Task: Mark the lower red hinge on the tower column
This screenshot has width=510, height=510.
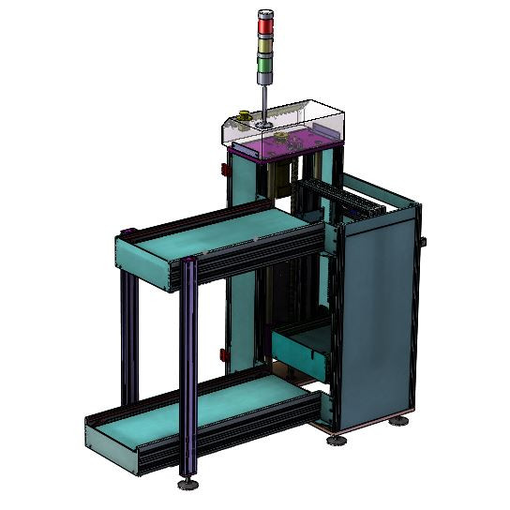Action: tap(223, 353)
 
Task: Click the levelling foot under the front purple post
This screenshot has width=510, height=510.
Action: tap(188, 483)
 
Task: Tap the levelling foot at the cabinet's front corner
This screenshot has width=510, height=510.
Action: tap(337, 438)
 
